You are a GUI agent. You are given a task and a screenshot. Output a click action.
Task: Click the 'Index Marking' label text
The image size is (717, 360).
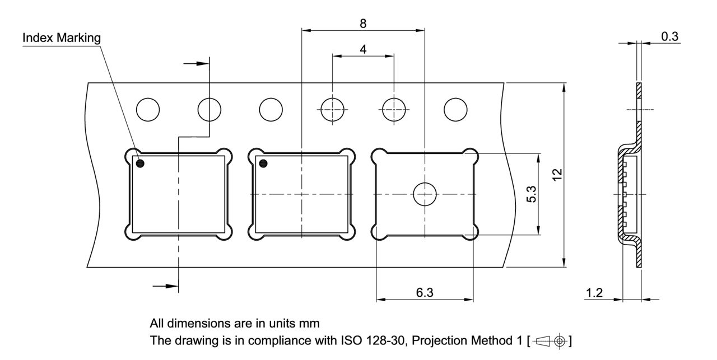click(x=62, y=38)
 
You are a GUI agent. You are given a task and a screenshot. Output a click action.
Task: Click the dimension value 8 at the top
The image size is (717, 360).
click(x=363, y=24)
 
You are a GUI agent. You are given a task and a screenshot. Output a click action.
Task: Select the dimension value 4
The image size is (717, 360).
click(x=363, y=49)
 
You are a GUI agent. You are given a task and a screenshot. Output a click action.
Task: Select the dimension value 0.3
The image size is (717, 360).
click(x=669, y=37)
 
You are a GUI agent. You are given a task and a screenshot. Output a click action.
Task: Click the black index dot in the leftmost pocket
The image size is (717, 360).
click(x=139, y=163)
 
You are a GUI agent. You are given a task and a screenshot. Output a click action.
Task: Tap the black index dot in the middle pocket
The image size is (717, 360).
click(x=263, y=163)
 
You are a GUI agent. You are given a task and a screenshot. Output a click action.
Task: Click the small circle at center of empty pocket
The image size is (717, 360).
click(x=425, y=194)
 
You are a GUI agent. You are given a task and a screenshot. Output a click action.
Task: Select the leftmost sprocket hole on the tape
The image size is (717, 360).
click(x=148, y=109)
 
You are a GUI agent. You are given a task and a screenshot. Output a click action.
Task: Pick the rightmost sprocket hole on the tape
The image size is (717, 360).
click(x=455, y=109)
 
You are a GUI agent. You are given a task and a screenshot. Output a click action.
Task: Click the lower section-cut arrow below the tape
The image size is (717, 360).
click(x=165, y=286)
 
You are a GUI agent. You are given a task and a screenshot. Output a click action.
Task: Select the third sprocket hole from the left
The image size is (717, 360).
click(x=271, y=109)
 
